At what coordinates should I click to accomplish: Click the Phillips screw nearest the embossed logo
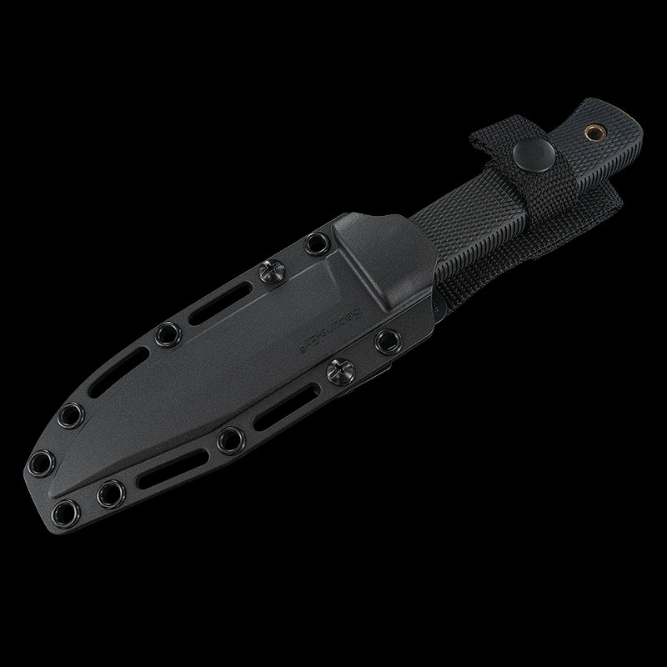pos(341,369)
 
